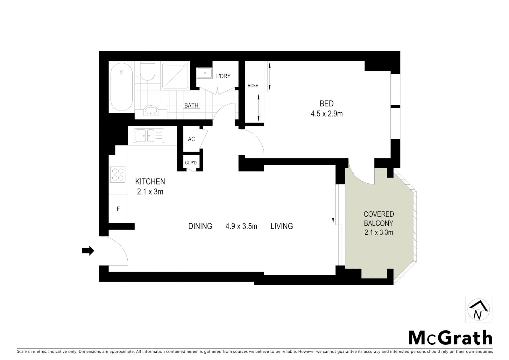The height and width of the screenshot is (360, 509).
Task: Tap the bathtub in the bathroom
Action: tap(122, 86)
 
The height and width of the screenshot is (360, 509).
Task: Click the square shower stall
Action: tap(175, 76)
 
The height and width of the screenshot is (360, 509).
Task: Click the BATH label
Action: tap(191, 105)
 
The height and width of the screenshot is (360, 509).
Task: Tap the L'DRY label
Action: tap(223, 76)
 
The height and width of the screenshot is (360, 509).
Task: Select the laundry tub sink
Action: tap(204, 73)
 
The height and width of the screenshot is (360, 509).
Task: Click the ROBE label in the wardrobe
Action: tap(253, 86)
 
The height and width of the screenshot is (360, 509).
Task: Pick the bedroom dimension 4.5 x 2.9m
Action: tap(326, 114)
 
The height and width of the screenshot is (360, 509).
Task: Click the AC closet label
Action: tap(191, 139)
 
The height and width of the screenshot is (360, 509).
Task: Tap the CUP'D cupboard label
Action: tap(191, 163)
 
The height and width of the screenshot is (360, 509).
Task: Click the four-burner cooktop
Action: tap(118, 174)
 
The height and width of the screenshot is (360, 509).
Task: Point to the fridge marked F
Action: tap(118, 209)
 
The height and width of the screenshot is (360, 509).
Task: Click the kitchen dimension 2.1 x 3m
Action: tap(150, 192)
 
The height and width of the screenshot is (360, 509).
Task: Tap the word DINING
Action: tap(200, 226)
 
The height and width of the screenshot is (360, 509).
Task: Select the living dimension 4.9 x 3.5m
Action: tap(241, 226)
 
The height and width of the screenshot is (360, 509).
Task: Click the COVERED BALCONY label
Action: tap(379, 219)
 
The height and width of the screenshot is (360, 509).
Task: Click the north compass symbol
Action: tap(478, 310)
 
